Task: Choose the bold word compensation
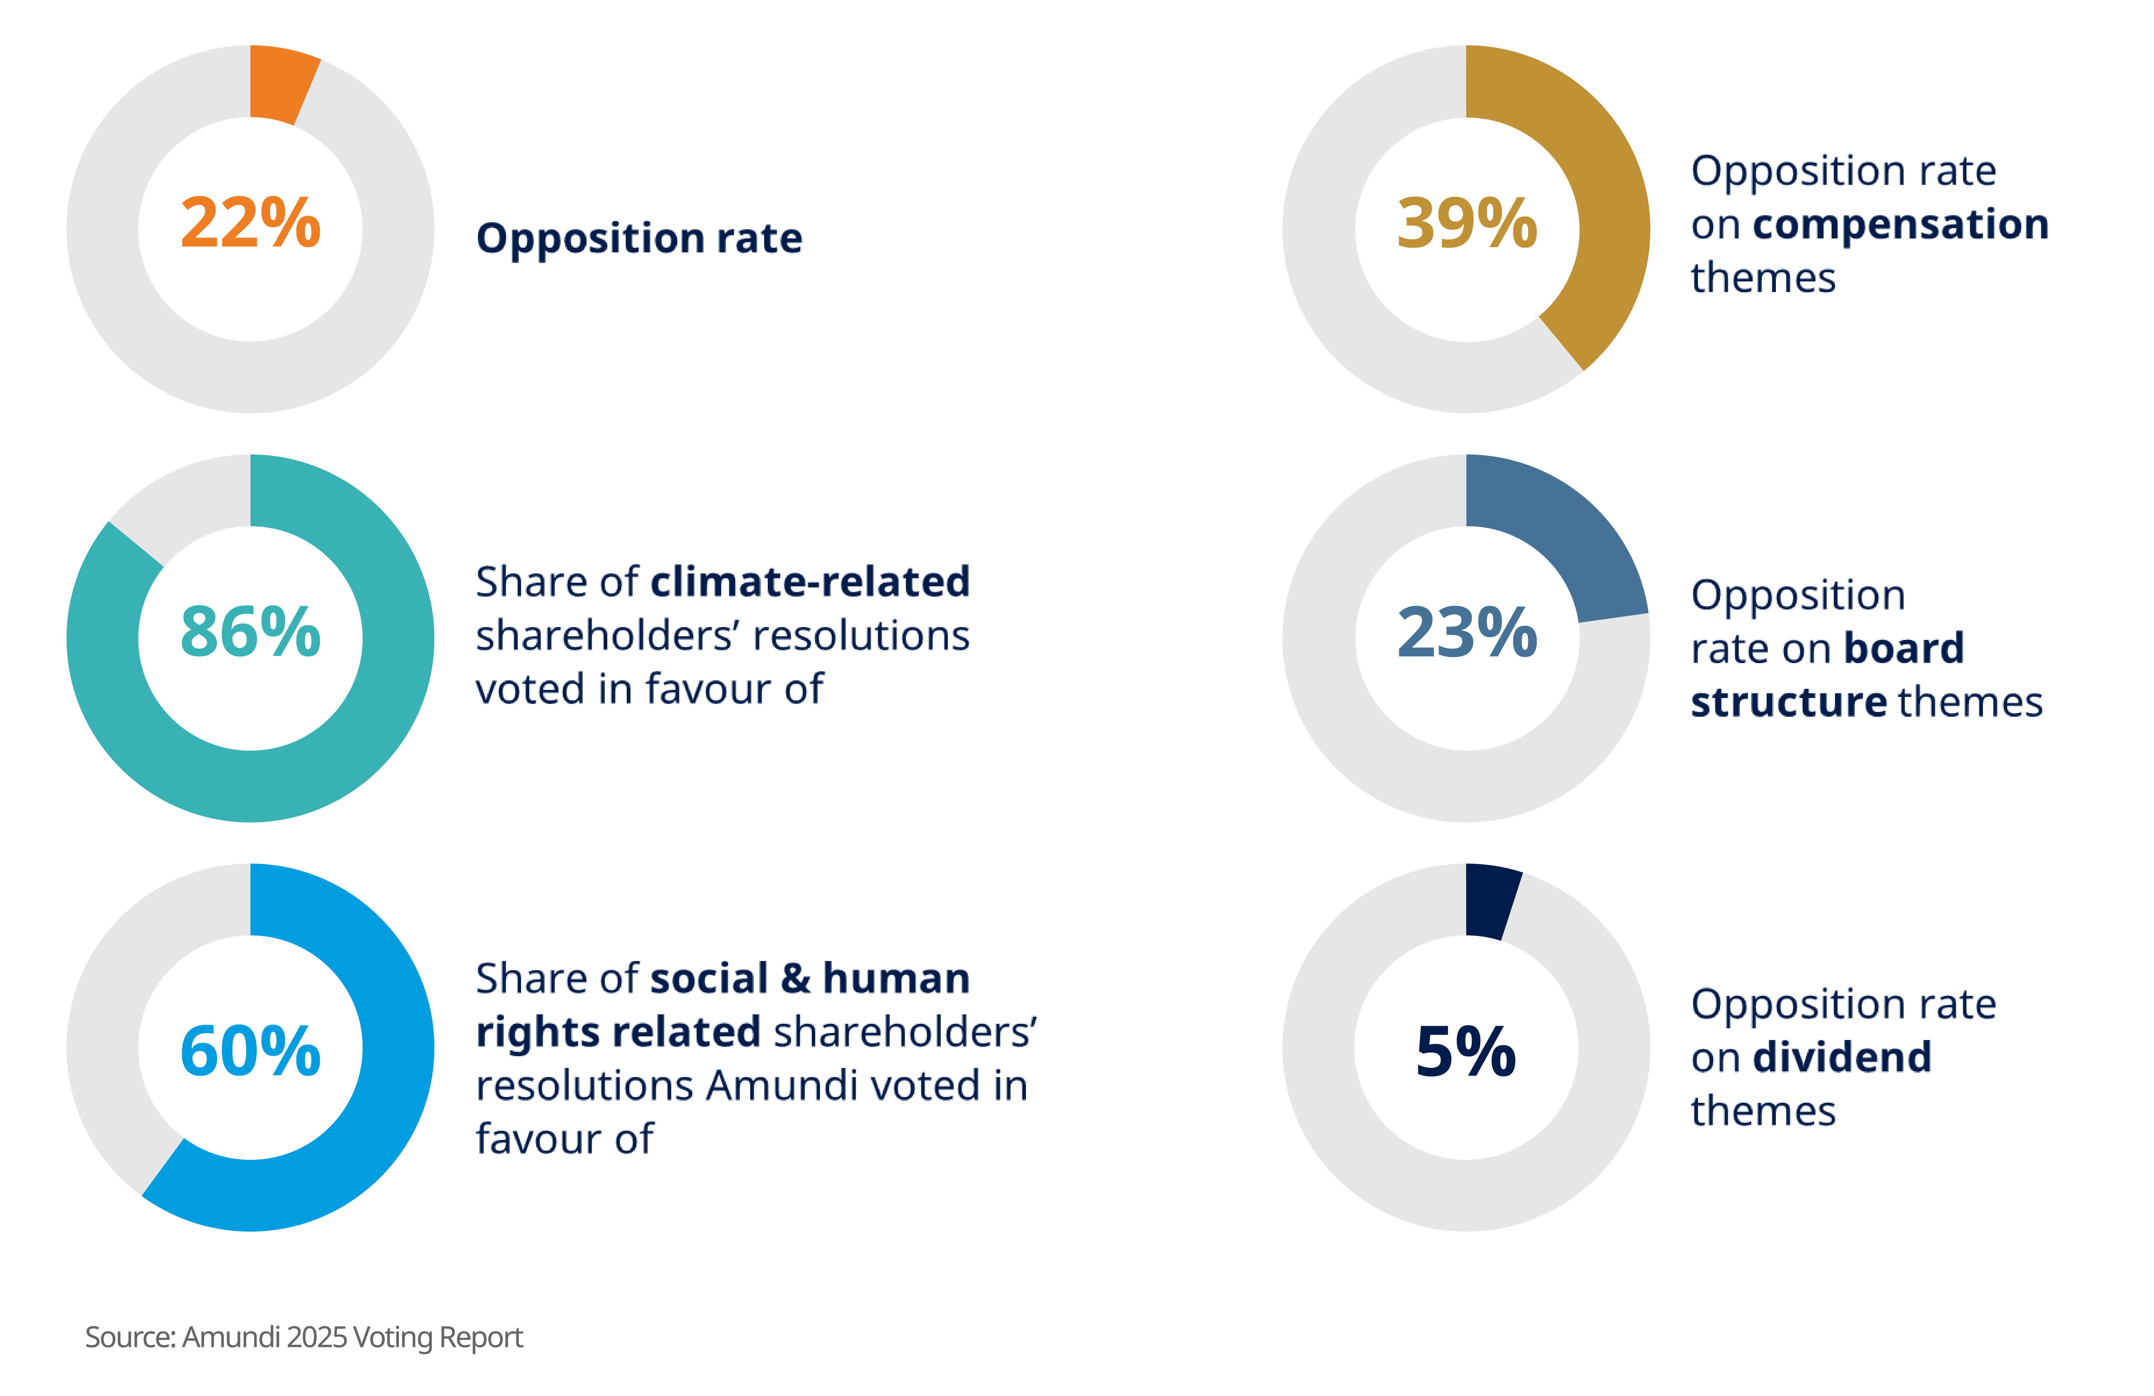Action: pyautogui.click(x=1901, y=224)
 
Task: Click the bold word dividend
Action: pyautogui.click(x=1842, y=1056)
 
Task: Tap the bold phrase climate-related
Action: pyautogui.click(x=810, y=581)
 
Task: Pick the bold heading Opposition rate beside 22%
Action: pyautogui.click(x=639, y=238)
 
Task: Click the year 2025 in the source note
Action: pyautogui.click(x=317, y=1337)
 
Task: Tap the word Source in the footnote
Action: pyautogui.click(x=129, y=1337)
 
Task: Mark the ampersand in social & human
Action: pyautogui.click(x=795, y=979)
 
